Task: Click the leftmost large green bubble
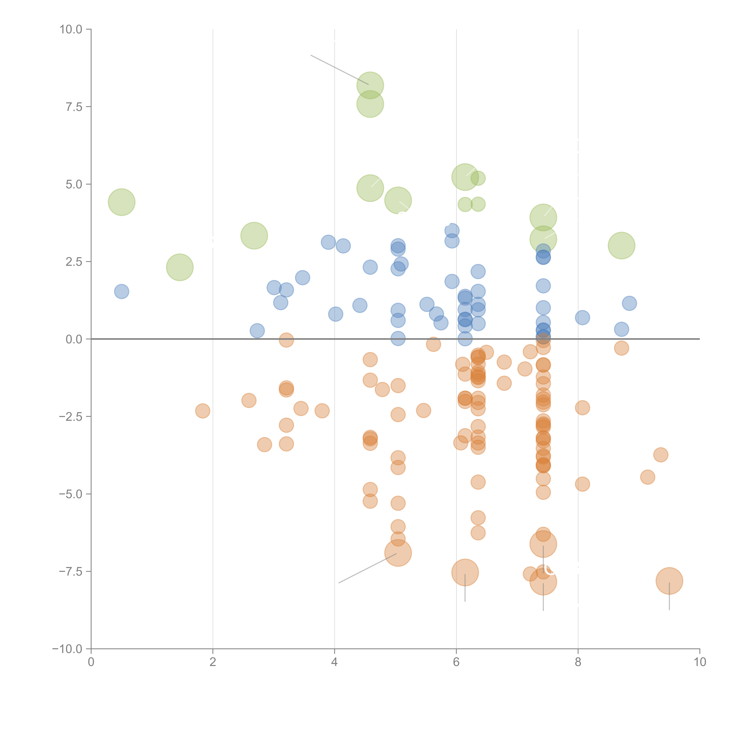click(121, 202)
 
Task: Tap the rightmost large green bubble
click(621, 246)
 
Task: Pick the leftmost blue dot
click(121, 291)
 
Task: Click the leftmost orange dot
click(203, 411)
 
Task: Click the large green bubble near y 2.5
click(180, 267)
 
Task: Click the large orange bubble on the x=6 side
click(465, 572)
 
